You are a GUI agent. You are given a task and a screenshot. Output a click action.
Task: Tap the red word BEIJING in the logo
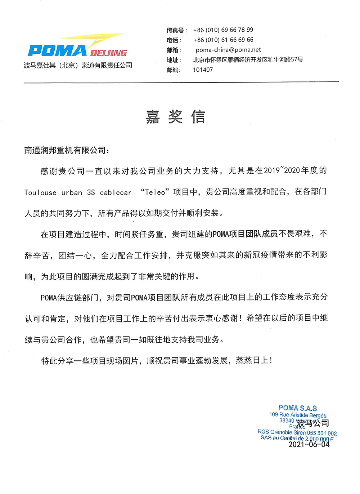pyautogui.click(x=108, y=53)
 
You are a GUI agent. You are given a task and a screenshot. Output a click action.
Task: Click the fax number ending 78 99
pyautogui.click(x=223, y=30)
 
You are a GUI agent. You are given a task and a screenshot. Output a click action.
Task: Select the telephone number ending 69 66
pyautogui.click(x=223, y=40)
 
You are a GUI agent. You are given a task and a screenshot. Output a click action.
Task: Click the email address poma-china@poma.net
pyautogui.click(x=228, y=50)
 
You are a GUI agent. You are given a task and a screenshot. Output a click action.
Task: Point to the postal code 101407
pyautogui.click(x=203, y=70)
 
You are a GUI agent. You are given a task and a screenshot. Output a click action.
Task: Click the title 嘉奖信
pyautogui.click(x=175, y=117)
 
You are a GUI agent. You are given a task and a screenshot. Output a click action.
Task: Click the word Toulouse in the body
pyautogui.click(x=40, y=193)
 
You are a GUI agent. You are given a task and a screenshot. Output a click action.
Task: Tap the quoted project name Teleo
pyautogui.click(x=155, y=192)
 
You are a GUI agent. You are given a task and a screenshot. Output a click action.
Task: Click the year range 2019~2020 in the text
pyautogui.click(x=282, y=170)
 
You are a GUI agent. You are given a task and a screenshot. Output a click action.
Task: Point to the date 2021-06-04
pyautogui.click(x=309, y=444)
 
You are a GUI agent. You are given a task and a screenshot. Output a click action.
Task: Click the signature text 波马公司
pyautogui.click(x=313, y=423)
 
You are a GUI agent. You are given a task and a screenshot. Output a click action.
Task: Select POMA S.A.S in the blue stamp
pyautogui.click(x=298, y=408)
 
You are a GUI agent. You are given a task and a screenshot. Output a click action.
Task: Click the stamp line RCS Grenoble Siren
pyautogui.click(x=297, y=432)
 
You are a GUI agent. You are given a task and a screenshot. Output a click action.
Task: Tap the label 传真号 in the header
pyautogui.click(x=175, y=30)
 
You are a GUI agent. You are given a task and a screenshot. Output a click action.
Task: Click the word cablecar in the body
pyautogui.click(x=116, y=193)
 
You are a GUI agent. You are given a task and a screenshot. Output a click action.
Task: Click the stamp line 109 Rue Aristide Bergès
pyautogui.click(x=298, y=415)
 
